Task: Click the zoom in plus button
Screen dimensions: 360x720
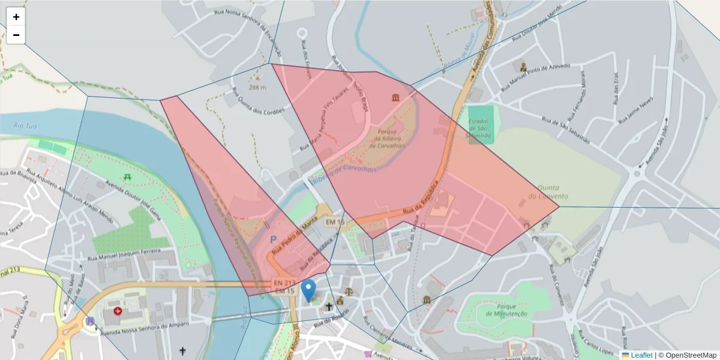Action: [x=16, y=17]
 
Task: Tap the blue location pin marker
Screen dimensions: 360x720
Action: [x=308, y=290]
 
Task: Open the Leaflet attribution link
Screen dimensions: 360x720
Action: [x=641, y=355]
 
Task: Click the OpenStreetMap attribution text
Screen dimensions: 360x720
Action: [x=687, y=355]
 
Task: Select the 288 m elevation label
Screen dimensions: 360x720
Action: [x=257, y=87]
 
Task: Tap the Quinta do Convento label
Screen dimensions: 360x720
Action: [x=548, y=192]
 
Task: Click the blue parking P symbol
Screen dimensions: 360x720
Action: [x=273, y=239]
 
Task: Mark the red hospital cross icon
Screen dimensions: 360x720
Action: [x=118, y=311]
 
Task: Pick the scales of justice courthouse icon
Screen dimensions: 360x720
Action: [x=340, y=300]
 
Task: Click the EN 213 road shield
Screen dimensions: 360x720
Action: [x=284, y=283]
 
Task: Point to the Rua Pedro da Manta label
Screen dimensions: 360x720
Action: [x=295, y=232]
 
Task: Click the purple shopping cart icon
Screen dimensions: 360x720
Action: [x=367, y=354]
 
